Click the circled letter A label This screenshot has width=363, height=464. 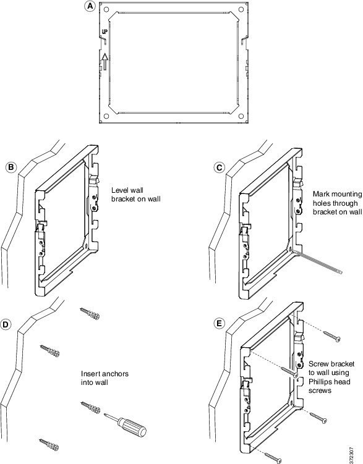coord(90,7)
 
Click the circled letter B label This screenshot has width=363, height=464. coord(11,167)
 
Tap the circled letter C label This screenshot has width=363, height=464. coord(219,168)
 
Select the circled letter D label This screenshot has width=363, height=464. coord(6,324)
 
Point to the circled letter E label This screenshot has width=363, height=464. coord(219,323)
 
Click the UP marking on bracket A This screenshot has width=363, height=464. coord(105,32)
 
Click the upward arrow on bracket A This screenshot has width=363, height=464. coord(105,61)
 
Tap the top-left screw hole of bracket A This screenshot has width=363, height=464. coord(106,10)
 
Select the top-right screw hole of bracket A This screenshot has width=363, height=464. coord(241,10)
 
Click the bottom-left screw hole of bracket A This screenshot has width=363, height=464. coord(106,116)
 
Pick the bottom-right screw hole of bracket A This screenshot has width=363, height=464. coord(241,116)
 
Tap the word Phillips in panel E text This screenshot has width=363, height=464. coord(321,382)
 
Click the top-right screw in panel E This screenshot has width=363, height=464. coord(331,337)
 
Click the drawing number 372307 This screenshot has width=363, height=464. coord(351,455)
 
